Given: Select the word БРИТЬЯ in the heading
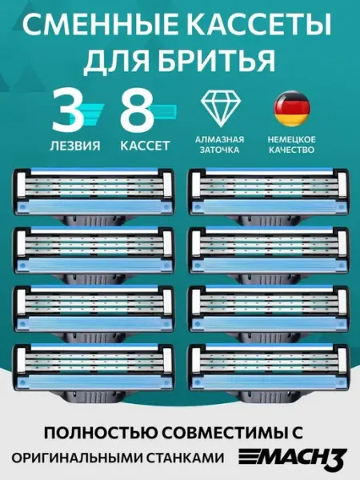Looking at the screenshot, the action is [210, 60].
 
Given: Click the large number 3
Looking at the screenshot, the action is [68, 110].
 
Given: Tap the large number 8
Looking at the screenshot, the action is [137, 110].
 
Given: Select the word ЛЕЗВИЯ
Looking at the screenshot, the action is [74, 146].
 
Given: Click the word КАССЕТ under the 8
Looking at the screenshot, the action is [145, 146].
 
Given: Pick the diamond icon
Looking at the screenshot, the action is [221, 109].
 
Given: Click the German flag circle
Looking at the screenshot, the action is [291, 109].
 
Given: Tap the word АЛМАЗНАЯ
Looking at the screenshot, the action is [219, 139].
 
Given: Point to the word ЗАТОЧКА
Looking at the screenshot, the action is [219, 150].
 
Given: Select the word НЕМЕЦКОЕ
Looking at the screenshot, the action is [291, 139].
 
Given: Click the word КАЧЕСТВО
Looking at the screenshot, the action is [291, 150].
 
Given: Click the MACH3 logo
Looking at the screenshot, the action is [293, 458].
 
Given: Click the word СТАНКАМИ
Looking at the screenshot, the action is [184, 458].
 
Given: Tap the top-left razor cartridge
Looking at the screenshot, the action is [94, 195].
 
